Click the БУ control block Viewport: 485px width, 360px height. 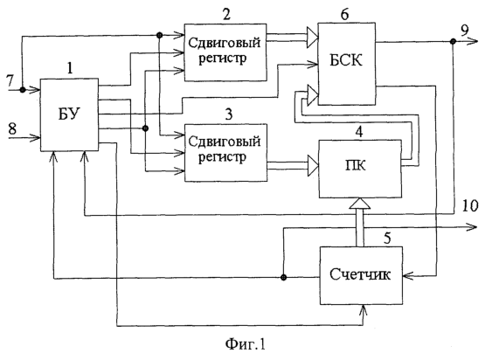(70, 114)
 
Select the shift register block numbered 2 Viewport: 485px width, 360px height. (225, 52)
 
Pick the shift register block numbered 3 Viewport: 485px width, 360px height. (225, 153)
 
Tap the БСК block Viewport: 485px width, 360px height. (347, 64)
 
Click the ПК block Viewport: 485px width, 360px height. (360, 169)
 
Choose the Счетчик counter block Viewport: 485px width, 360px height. (361, 275)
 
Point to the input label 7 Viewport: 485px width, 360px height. (10, 81)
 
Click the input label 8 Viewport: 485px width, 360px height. (12, 128)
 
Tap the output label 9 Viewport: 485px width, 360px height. (465, 31)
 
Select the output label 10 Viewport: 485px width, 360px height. (470, 205)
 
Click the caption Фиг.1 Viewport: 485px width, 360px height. (246, 344)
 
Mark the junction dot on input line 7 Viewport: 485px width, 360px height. (23, 90)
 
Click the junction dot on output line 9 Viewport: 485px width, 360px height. (453, 41)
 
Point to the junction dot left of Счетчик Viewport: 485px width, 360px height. (284, 277)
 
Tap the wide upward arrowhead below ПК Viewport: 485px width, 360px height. (360, 204)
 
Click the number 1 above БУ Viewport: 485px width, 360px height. (70, 68)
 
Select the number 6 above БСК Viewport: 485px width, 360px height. (344, 14)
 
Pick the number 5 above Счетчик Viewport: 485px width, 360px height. (387, 239)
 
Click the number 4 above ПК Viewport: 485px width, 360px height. (359, 132)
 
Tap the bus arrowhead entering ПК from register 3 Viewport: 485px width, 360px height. (313, 165)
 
